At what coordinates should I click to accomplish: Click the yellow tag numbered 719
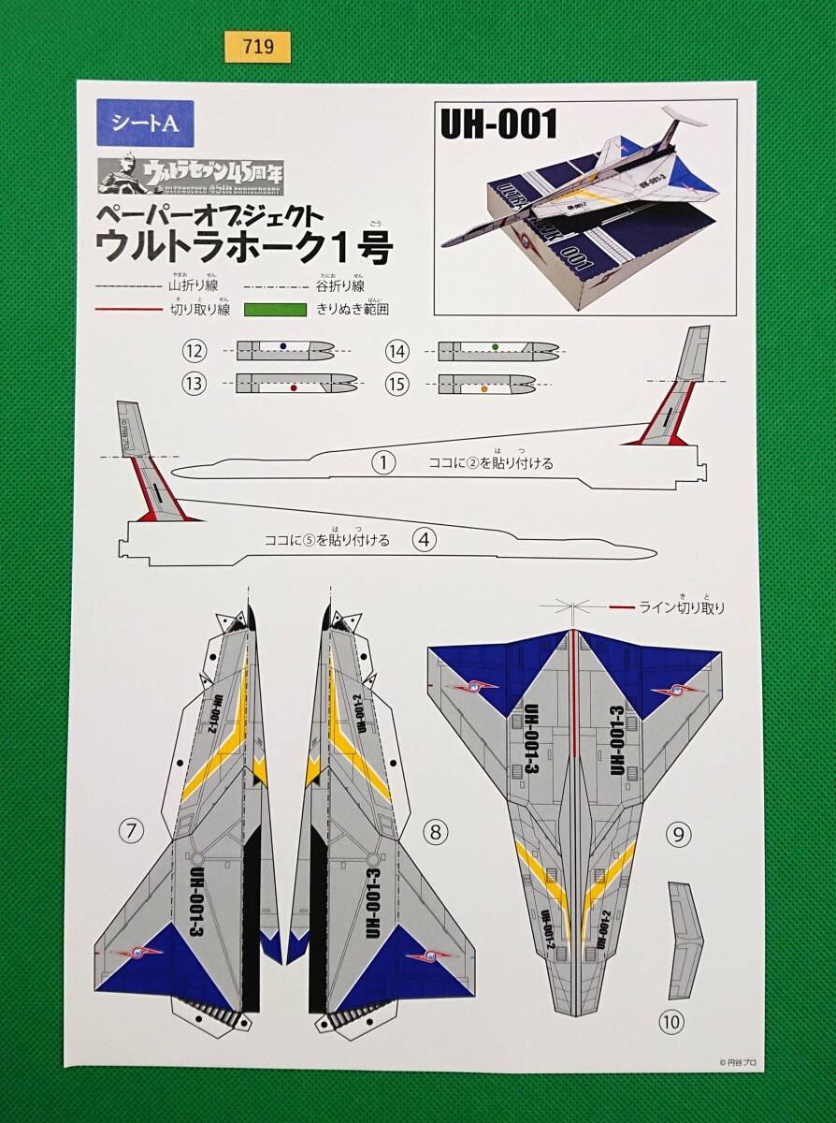(257, 45)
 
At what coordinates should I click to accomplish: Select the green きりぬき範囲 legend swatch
(275, 310)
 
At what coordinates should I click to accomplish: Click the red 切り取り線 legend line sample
(128, 310)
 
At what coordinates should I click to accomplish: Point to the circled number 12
(195, 351)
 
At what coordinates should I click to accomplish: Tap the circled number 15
(397, 383)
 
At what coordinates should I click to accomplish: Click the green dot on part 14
(494, 347)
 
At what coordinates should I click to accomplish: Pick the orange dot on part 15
(484, 387)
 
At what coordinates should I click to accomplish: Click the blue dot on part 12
(283, 347)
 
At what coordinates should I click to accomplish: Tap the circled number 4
(425, 539)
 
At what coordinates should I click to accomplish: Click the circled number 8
(433, 828)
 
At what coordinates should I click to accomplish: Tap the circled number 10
(670, 1022)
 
